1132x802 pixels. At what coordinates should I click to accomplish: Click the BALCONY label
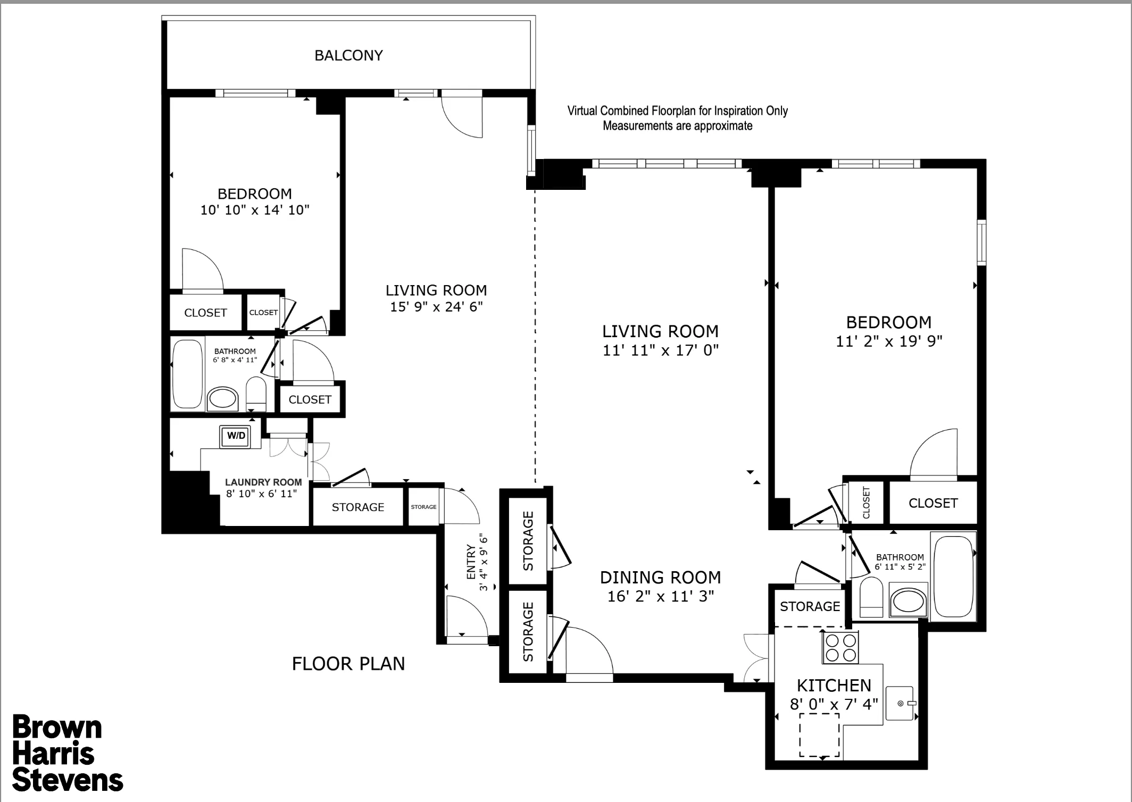[348, 55]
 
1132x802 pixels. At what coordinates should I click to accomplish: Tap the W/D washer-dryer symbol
[236, 436]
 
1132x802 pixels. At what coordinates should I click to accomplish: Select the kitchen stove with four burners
[840, 648]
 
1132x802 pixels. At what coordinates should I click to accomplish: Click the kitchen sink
[900, 703]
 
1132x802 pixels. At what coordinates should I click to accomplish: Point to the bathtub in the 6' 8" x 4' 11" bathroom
[188, 374]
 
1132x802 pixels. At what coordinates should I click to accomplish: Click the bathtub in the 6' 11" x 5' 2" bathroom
[953, 576]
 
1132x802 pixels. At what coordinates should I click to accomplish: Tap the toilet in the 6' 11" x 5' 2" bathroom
[871, 598]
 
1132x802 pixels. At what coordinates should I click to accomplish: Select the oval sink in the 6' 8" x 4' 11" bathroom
[222, 398]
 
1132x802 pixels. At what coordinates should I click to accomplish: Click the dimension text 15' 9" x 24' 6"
[436, 307]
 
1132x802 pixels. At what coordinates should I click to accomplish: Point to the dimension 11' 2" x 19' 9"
[889, 341]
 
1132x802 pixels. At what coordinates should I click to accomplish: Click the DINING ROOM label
[660, 578]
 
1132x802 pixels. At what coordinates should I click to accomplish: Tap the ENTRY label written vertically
[471, 562]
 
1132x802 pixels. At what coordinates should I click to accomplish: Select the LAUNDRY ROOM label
[263, 482]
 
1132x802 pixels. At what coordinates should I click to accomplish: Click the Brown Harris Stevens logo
[66, 754]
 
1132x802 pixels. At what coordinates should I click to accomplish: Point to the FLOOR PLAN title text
[348, 664]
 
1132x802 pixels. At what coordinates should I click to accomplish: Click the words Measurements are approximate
[677, 126]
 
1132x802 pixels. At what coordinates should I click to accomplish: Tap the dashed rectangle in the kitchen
[819, 735]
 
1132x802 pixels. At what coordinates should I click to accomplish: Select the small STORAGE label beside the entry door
[423, 507]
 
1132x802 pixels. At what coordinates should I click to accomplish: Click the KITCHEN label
[834, 686]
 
